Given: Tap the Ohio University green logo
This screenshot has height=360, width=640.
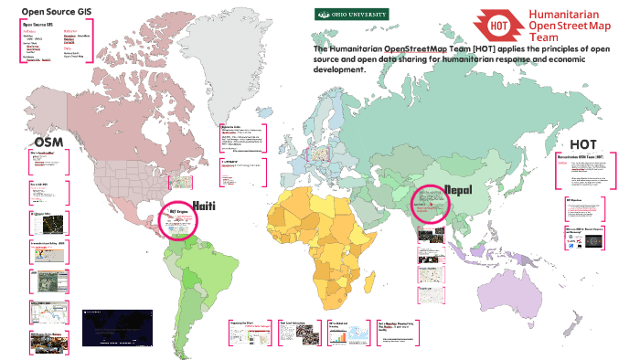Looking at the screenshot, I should (x=352, y=14).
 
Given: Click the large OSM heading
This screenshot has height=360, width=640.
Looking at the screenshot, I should (x=48, y=143).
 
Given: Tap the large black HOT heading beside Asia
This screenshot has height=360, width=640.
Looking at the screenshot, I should (x=582, y=144).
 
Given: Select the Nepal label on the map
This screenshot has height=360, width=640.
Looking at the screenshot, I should (x=457, y=189).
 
